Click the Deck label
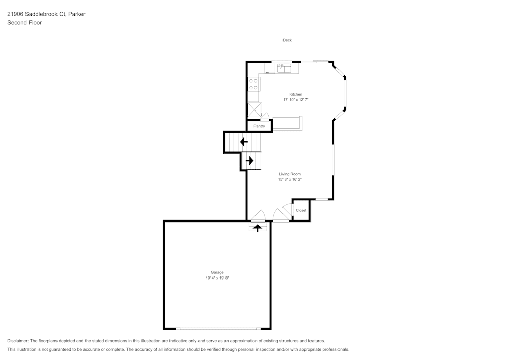(287, 40)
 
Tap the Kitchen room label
(296, 95)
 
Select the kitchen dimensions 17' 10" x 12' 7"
(296, 100)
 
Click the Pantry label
(259, 126)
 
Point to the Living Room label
(290, 174)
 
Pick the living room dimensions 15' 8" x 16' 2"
(290, 180)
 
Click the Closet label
(301, 210)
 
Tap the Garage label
(217, 273)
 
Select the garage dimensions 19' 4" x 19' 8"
(217, 278)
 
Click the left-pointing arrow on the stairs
(244, 142)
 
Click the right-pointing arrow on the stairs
(249, 161)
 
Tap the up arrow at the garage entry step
(258, 228)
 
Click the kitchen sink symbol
(284, 69)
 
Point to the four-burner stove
(253, 84)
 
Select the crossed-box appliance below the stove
(254, 109)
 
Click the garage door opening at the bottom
(218, 329)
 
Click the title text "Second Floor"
(24, 23)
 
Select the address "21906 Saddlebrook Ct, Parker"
(46, 14)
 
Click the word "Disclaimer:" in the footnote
(18, 341)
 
